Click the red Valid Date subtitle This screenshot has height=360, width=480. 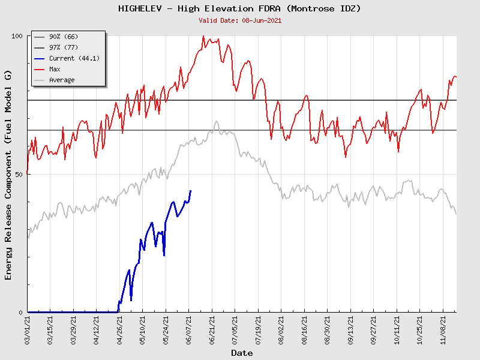pos(239,20)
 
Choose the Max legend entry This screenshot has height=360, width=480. pos(55,69)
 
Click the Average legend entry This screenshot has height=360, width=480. pos(62,80)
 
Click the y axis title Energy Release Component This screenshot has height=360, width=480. pos(8,174)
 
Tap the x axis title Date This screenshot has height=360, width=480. pos(242,353)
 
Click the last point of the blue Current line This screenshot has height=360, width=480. pos(191,191)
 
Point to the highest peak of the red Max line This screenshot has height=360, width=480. pos(205,36)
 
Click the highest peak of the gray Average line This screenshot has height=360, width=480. pos(217,121)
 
